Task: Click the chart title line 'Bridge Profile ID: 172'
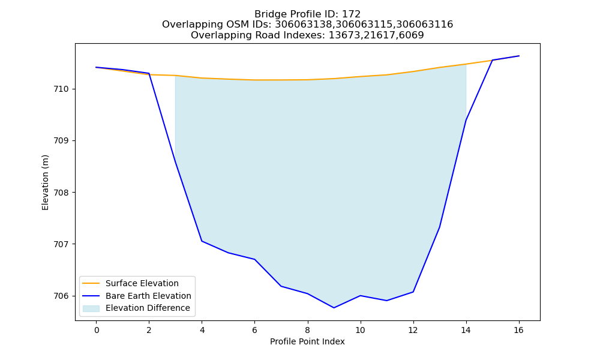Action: click(x=307, y=14)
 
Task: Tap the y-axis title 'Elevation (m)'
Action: click(x=45, y=182)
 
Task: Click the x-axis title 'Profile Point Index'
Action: click(x=307, y=341)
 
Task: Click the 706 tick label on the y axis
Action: click(x=61, y=296)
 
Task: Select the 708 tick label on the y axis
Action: click(x=61, y=193)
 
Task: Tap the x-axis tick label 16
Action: click(x=518, y=330)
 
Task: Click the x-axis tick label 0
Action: click(x=97, y=330)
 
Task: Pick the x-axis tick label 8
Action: click(x=308, y=330)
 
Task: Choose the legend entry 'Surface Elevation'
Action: click(x=142, y=283)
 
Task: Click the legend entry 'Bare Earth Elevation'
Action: click(x=148, y=296)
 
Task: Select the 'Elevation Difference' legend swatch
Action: click(x=91, y=308)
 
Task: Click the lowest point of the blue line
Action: click(x=334, y=308)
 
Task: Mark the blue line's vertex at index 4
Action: click(x=202, y=241)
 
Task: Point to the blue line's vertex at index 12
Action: click(x=413, y=292)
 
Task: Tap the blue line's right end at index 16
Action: click(x=519, y=56)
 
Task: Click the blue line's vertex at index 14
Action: click(x=466, y=120)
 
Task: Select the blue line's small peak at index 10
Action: click(x=361, y=295)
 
